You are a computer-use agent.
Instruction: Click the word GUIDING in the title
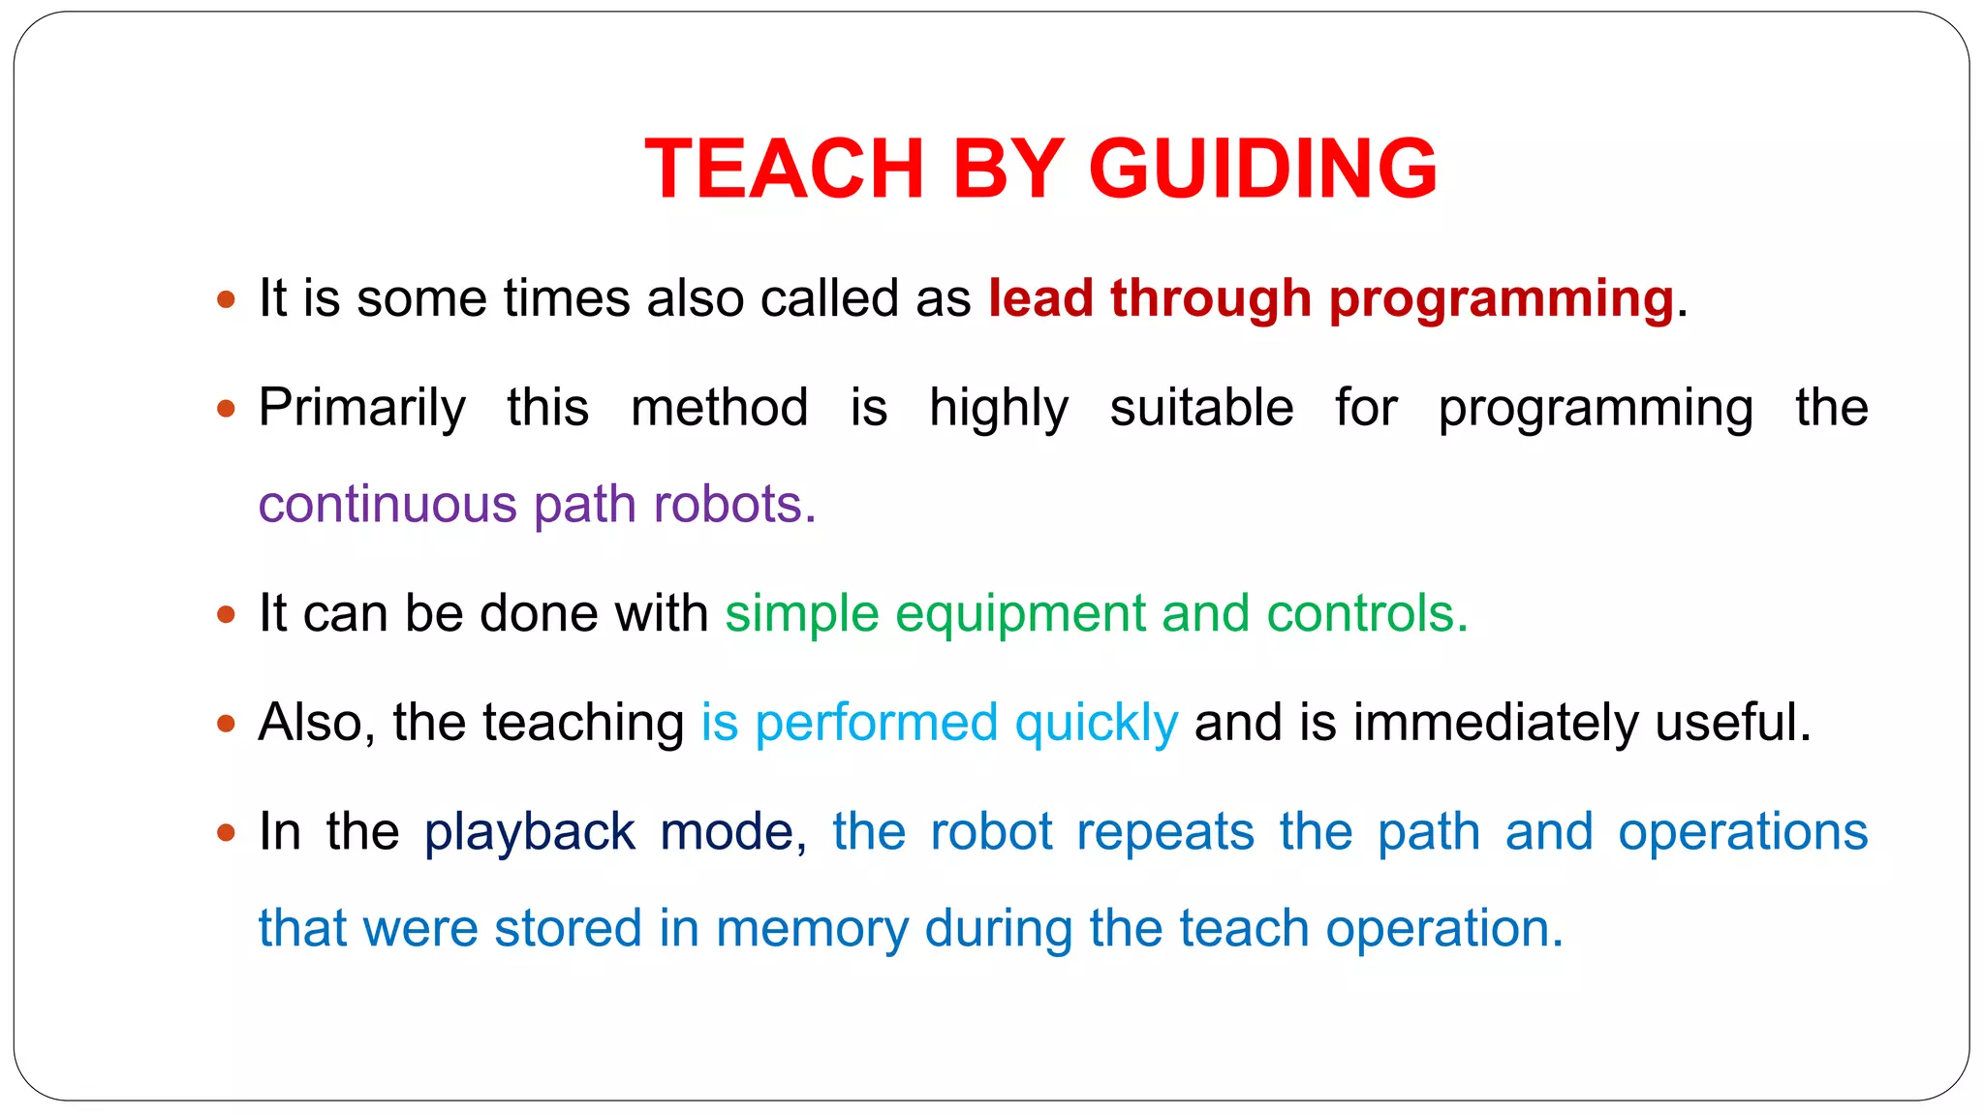1262,170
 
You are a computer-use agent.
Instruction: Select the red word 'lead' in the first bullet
1040,297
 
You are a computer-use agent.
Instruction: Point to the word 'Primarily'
362,407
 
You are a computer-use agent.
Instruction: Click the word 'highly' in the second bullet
999,407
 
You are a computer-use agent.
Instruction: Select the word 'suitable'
1201,407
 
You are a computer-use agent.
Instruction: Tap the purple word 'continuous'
387,504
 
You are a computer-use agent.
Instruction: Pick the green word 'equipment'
1020,614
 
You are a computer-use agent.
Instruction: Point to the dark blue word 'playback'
530,832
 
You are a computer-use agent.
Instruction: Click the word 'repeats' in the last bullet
1165,832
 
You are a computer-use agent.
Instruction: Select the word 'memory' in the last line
812,929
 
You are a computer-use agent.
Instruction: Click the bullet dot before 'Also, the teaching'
227,723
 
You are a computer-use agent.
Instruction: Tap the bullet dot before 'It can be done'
227,614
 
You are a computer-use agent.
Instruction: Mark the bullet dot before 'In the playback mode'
227,832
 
